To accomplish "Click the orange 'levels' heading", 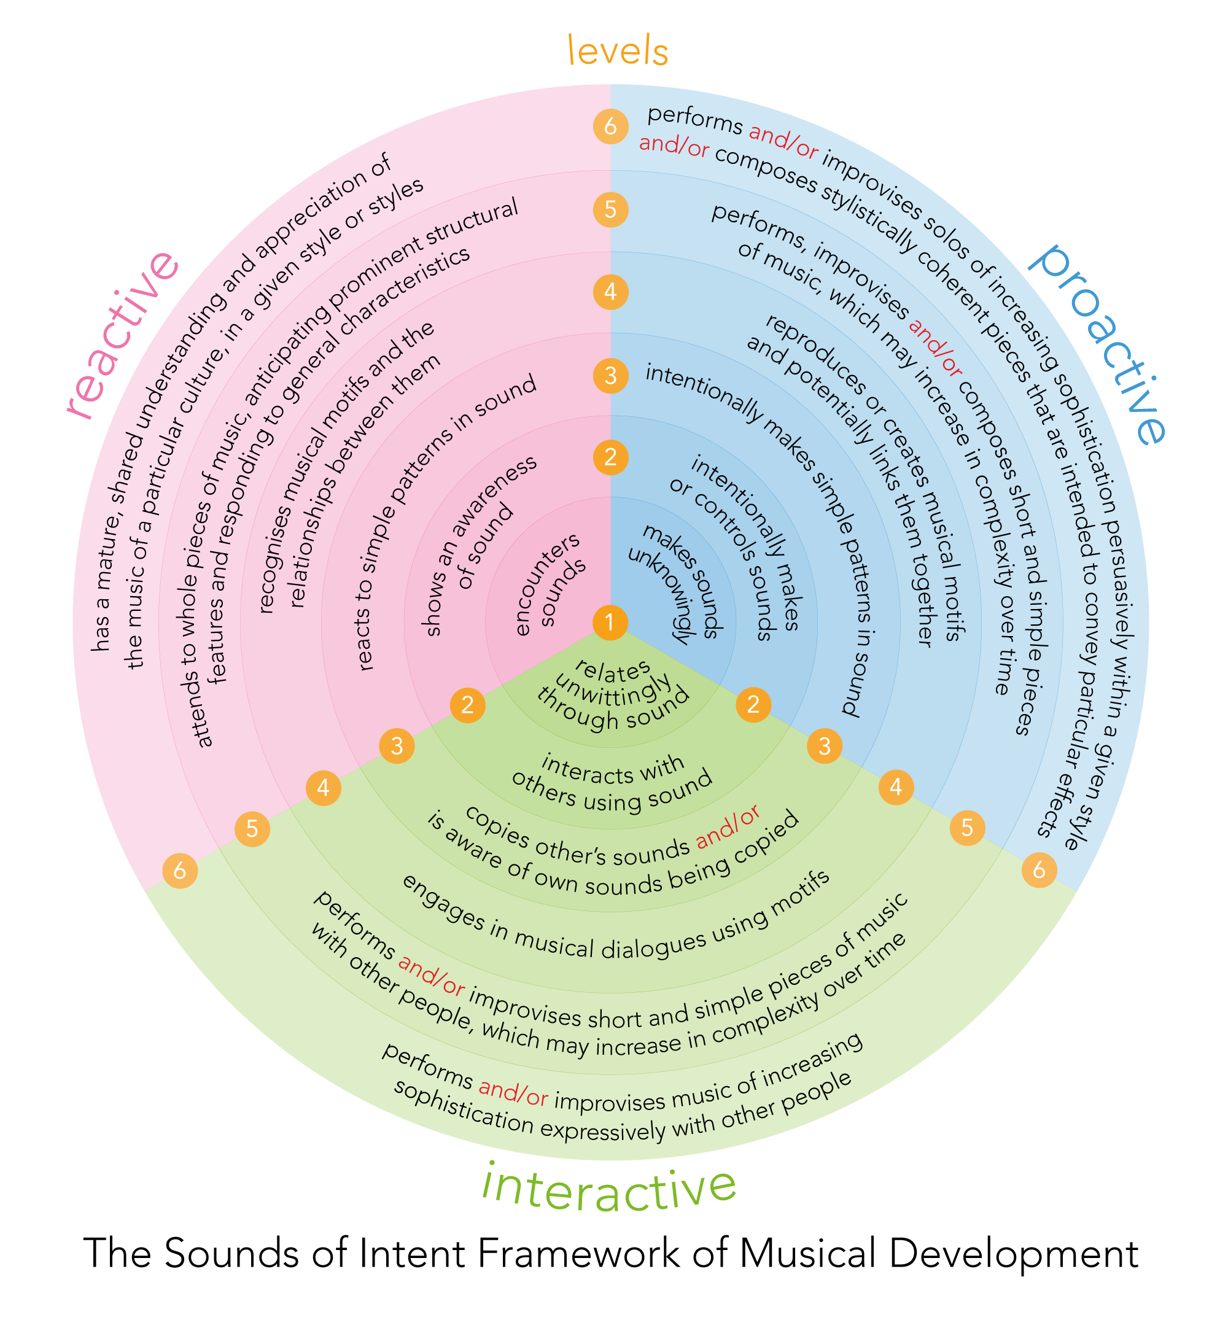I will coord(617,52).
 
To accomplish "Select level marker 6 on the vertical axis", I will coord(610,126).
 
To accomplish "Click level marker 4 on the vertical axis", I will coord(610,292).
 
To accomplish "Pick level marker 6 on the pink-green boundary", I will coord(180,870).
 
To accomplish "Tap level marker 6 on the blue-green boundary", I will coord(1039,869).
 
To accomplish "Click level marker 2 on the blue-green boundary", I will coord(753,705).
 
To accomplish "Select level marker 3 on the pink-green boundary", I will coord(397,746).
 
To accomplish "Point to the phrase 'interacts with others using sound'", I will coord(612,783).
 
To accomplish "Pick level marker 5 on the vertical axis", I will coord(610,209).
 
